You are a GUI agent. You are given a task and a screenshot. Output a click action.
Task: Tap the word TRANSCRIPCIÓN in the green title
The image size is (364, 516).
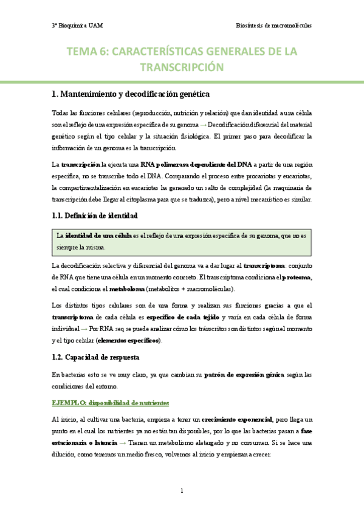pos(182,67)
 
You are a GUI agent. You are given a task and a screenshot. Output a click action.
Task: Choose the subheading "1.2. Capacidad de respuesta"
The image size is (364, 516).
pos(96,357)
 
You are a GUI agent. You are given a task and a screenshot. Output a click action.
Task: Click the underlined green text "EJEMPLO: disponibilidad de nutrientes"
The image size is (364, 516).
pos(110,403)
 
